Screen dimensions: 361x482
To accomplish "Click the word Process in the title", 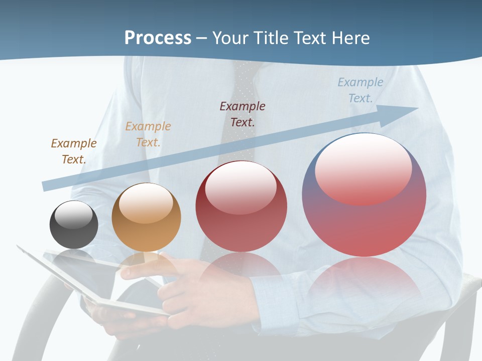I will click(158, 38).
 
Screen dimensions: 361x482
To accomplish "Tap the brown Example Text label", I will click(73, 151).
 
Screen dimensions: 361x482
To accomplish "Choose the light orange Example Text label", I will click(148, 134).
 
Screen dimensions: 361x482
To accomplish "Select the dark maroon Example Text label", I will click(243, 114).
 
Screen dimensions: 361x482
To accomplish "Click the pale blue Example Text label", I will click(360, 90).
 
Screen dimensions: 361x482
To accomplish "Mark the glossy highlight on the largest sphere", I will click(363, 168).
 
